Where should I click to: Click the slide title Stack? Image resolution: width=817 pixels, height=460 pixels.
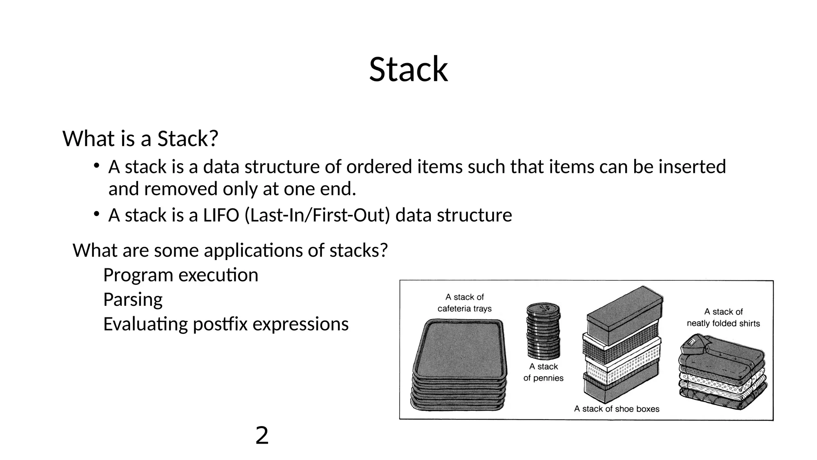coord(408,69)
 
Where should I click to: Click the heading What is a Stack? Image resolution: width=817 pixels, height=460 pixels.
coord(140,139)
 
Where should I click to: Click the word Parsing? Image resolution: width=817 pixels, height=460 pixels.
coord(133,299)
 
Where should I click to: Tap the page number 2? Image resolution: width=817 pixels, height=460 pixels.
coord(262,435)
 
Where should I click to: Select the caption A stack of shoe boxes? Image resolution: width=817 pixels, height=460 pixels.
coord(616,409)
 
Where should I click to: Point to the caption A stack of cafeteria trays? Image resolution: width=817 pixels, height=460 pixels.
coord(464,303)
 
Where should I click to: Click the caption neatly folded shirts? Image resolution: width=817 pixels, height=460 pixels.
coord(723,323)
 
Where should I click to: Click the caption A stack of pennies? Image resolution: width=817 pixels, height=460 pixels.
coord(543,372)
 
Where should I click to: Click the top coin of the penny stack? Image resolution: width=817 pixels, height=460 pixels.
coord(543,308)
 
